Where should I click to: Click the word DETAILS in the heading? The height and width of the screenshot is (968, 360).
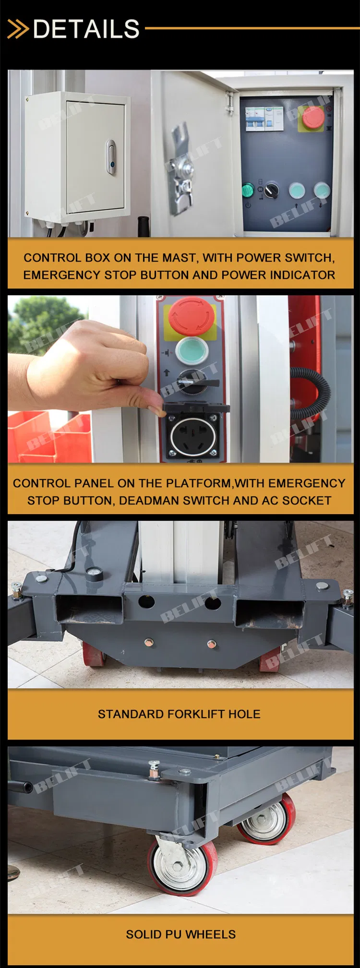pyautogui.click(x=86, y=29)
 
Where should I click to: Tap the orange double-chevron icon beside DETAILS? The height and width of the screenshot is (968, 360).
pyautogui.click(x=18, y=29)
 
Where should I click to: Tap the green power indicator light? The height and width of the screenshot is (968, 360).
pyautogui.click(x=248, y=190)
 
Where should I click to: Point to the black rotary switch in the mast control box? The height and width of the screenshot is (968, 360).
pyautogui.click(x=271, y=190)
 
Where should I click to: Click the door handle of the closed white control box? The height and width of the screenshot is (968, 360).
pyautogui.click(x=111, y=157)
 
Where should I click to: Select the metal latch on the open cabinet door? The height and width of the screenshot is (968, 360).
pyautogui.click(x=182, y=167)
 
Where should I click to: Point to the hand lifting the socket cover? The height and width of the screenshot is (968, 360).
pyautogui.click(x=94, y=365)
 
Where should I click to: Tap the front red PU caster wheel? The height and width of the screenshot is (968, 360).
pyautogui.click(x=182, y=865)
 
